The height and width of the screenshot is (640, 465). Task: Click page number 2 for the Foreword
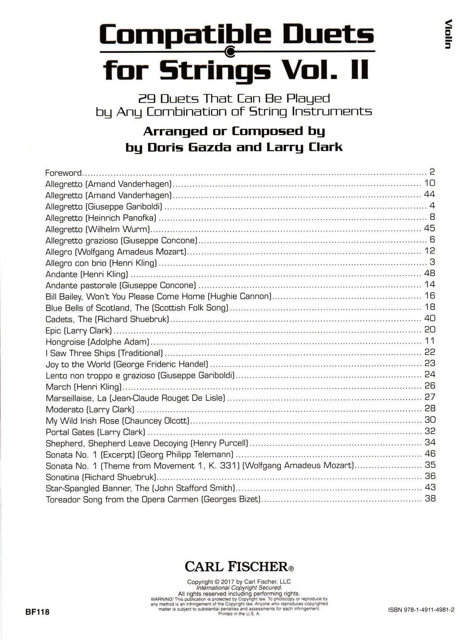(x=432, y=172)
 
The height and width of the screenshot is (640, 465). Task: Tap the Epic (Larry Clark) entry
(x=79, y=330)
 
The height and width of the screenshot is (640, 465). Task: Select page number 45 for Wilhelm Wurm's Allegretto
(x=429, y=228)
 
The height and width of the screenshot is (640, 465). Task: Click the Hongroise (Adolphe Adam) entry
(x=97, y=342)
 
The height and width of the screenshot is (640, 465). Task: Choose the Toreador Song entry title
(x=153, y=499)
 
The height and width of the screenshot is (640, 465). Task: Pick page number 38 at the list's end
(x=430, y=499)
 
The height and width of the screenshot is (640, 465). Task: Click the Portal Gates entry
(x=95, y=432)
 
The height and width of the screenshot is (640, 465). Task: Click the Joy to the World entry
(x=127, y=364)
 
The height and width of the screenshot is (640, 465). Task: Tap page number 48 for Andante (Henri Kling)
(x=430, y=273)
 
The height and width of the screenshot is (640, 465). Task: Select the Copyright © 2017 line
(x=239, y=581)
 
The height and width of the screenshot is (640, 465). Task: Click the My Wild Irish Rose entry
(x=117, y=421)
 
